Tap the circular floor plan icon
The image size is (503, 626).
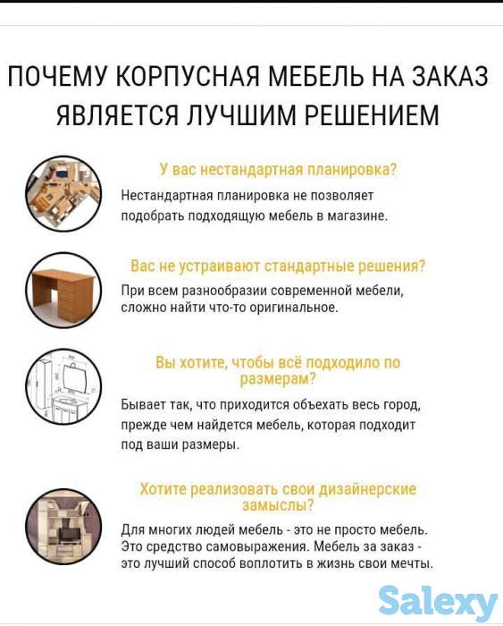[63, 195]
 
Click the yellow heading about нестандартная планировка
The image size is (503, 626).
[278, 169]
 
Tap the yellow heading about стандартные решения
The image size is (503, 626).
[278, 266]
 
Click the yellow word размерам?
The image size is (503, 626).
[278, 379]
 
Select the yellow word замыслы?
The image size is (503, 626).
[278, 505]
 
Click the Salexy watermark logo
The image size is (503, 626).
[438, 601]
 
